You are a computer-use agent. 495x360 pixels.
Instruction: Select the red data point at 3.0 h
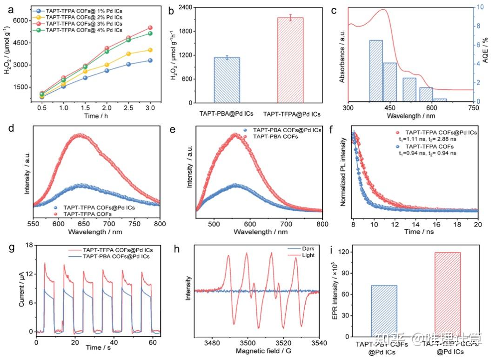[150, 28]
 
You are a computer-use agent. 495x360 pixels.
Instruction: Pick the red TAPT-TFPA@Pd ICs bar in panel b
[290, 60]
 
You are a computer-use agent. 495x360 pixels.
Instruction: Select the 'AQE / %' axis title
[485, 54]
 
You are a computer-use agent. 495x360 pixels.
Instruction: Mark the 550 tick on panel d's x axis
[33, 223]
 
